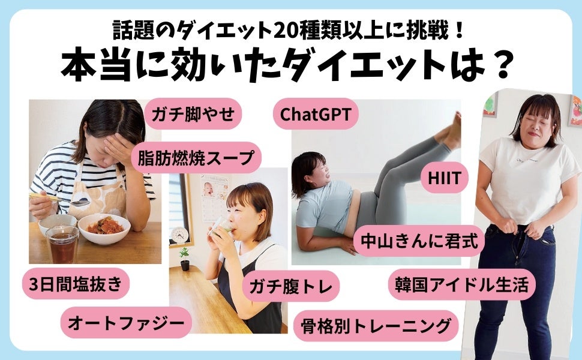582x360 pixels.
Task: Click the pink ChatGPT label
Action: tap(316, 114)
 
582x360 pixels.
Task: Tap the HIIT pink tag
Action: tap(444, 178)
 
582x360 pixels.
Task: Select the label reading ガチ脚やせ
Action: tap(193, 113)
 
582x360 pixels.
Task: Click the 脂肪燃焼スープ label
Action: tap(196, 158)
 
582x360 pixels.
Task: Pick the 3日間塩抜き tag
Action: tap(76, 284)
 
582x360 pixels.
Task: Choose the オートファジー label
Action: tap(126, 322)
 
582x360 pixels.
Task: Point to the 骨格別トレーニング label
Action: tap(376, 326)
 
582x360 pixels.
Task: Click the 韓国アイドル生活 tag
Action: tap(462, 284)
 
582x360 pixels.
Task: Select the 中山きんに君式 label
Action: tap(419, 241)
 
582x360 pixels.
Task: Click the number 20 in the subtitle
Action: tap(285, 31)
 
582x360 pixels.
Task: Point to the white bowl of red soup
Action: tap(104, 228)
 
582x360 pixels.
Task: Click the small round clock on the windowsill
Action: tap(179, 235)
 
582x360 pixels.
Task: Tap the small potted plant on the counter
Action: tap(184, 259)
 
